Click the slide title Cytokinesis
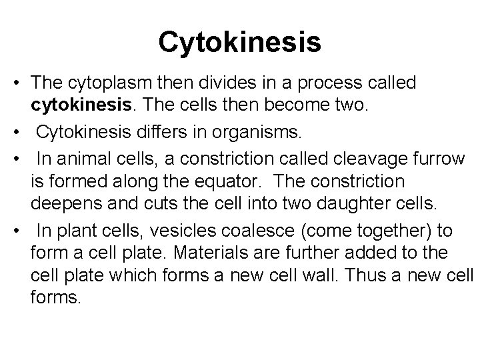(240, 42)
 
